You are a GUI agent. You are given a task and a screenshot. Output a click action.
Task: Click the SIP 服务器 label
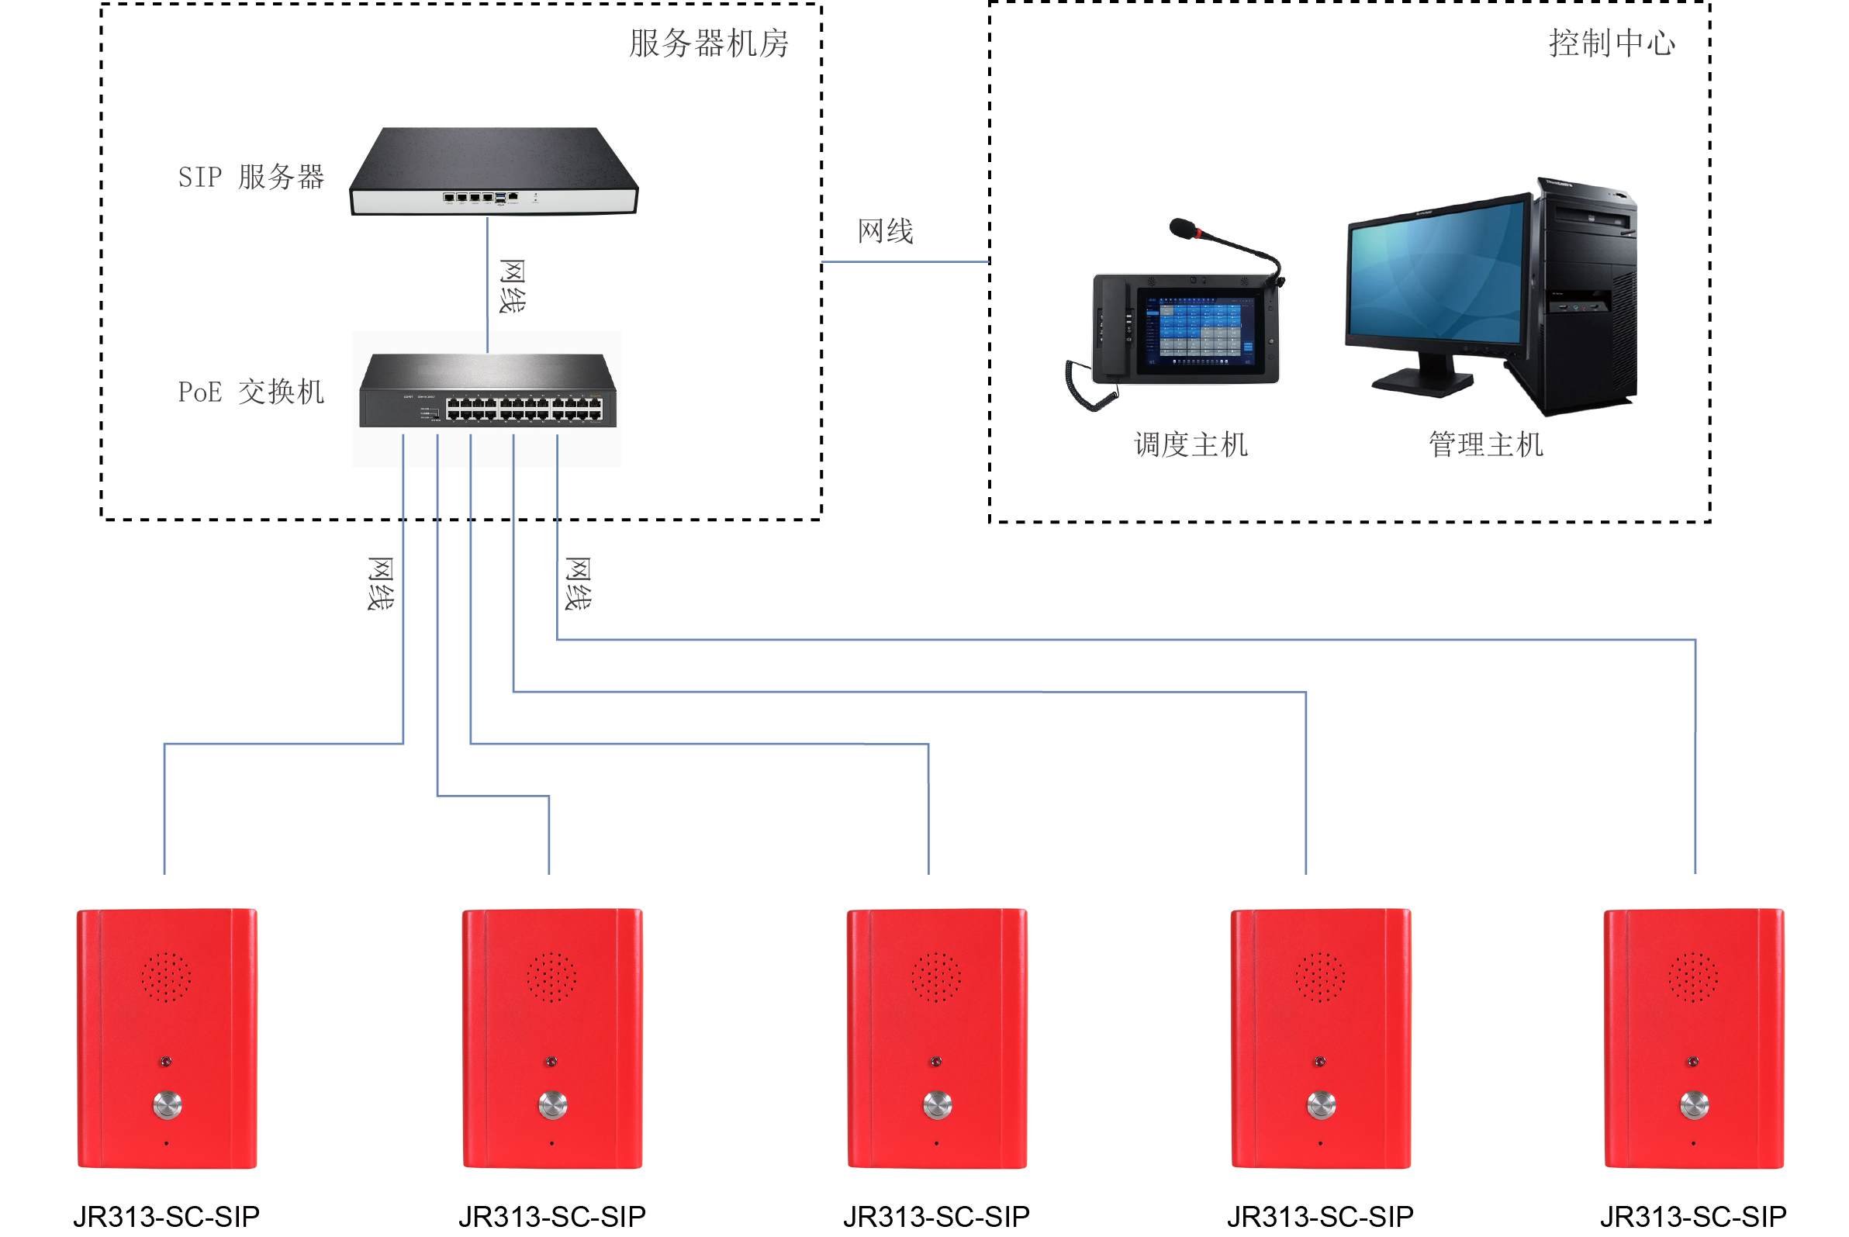pos(251,177)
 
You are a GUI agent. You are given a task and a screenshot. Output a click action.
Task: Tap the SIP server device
pos(493,172)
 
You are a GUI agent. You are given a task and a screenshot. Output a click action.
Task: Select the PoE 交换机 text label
pos(251,392)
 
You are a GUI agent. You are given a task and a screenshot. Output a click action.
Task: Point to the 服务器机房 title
pos(708,43)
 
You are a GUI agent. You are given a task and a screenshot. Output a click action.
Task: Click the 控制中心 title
pos(1611,43)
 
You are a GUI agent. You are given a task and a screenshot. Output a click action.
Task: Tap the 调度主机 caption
pos(1191,445)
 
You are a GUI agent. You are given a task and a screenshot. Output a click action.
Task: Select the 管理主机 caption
pos(1484,445)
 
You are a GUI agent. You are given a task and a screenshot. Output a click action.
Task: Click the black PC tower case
pos(1585,300)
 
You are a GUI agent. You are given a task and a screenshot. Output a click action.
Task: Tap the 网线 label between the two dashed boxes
pos(885,232)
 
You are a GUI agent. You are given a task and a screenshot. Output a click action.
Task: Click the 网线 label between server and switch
pos(512,285)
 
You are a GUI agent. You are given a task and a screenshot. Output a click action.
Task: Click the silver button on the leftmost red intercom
pos(168,1104)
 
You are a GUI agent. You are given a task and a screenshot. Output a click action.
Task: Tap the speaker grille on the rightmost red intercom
pos(1693,976)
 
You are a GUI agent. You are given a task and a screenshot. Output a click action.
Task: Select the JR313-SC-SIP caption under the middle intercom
pos(936,1217)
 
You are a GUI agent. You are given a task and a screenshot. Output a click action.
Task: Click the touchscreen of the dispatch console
pos(1199,331)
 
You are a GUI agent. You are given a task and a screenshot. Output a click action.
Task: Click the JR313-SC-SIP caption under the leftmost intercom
pos(167,1217)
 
